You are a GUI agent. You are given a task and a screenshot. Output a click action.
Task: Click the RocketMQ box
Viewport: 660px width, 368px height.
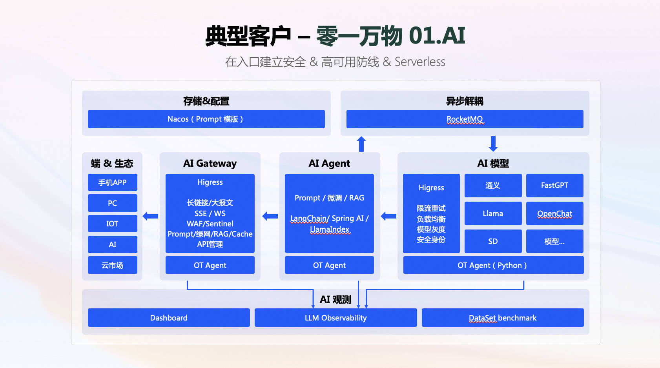[x=465, y=119]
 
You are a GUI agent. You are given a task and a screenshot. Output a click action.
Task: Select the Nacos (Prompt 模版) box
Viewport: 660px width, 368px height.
[x=206, y=119]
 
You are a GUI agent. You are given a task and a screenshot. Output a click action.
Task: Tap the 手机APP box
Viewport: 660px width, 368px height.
[x=112, y=182]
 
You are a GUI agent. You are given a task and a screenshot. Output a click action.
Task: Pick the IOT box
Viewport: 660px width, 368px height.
[x=112, y=224]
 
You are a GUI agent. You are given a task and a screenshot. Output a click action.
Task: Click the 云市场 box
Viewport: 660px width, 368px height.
[x=112, y=265]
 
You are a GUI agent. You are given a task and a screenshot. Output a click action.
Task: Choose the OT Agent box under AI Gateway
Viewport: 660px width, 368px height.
[x=210, y=265]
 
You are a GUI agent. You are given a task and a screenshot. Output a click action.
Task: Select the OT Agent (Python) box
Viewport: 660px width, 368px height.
[x=493, y=265]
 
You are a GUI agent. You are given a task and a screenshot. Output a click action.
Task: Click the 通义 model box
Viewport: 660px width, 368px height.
[x=493, y=186]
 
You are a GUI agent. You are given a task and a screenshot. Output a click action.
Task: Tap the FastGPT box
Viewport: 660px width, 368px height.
[x=554, y=186]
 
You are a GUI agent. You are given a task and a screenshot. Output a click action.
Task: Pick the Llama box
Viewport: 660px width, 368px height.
[x=493, y=213]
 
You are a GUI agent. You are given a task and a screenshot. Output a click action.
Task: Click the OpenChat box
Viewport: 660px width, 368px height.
[x=554, y=213]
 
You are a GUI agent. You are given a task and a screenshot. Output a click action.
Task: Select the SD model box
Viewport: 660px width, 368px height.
[x=493, y=241]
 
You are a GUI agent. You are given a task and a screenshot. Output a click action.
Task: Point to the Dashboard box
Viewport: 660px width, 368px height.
[x=169, y=317]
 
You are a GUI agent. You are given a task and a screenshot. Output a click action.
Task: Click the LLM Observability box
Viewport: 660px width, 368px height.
[x=335, y=317]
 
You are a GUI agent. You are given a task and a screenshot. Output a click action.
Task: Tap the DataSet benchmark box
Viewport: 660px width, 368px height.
[x=502, y=317]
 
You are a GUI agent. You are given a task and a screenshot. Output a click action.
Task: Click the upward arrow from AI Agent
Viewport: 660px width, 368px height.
[x=361, y=144]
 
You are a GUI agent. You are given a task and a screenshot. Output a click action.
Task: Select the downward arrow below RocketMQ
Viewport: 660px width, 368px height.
[x=493, y=144]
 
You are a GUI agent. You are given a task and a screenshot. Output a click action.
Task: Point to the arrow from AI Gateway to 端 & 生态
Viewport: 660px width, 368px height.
[x=151, y=216]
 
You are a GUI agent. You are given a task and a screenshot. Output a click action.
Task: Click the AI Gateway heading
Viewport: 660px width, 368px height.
[x=210, y=163]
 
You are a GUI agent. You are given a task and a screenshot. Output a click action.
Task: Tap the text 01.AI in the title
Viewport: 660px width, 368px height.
[x=437, y=36]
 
